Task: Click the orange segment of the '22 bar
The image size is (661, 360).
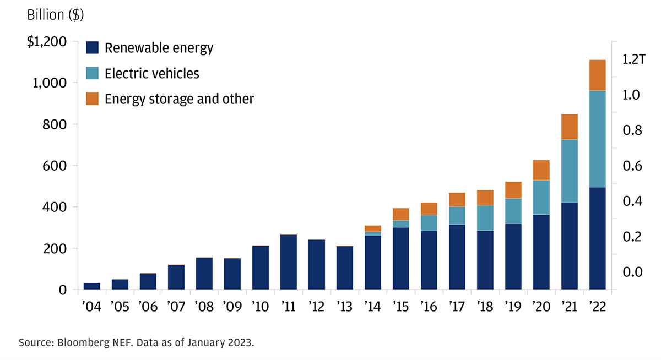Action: tap(597, 75)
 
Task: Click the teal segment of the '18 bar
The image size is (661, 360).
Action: tap(485, 218)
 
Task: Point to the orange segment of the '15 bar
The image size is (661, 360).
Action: tap(401, 214)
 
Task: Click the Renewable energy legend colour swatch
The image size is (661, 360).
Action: tap(92, 48)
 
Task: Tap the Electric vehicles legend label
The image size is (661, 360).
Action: tap(152, 73)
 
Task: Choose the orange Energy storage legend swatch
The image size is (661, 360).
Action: tap(92, 99)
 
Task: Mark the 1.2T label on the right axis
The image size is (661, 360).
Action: tap(633, 59)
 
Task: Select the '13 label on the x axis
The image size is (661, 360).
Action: tap(345, 307)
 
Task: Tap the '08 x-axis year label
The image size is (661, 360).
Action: tap(204, 307)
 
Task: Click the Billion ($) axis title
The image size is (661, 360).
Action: tap(56, 15)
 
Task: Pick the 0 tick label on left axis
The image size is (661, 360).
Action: tap(63, 290)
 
